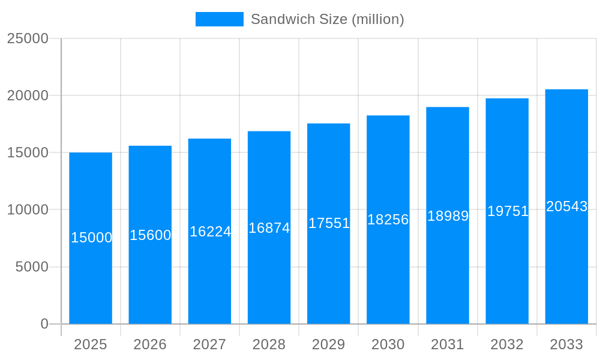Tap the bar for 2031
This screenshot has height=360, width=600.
click(x=448, y=270)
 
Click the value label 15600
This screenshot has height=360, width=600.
click(x=151, y=235)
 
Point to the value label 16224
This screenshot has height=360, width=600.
click(x=210, y=232)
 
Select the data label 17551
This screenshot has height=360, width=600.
click(x=329, y=223)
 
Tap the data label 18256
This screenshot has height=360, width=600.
click(x=388, y=220)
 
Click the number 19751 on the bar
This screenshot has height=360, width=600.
click(x=508, y=211)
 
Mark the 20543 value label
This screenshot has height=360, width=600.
click(x=566, y=206)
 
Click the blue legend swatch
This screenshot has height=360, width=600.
click(x=219, y=19)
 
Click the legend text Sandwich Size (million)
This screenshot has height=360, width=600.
click(x=327, y=19)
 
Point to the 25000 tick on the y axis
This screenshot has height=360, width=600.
click(x=28, y=38)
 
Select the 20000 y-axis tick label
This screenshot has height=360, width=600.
click(x=28, y=95)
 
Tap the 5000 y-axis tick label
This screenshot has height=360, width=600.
click(x=32, y=267)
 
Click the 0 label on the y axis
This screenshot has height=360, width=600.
click(x=44, y=324)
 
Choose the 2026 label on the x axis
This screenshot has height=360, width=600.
click(x=150, y=344)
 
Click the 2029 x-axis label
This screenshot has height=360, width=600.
click(x=329, y=344)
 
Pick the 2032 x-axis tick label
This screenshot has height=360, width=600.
click(x=507, y=344)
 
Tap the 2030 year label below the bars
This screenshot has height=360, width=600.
click(x=388, y=344)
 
